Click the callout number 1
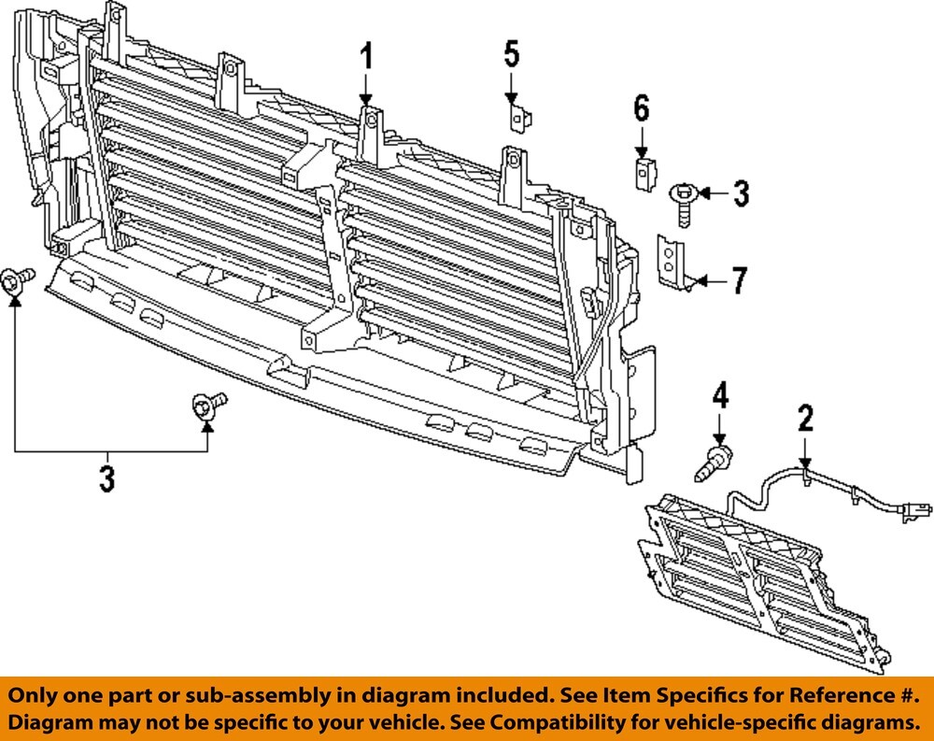coord(366,57)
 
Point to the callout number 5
coord(511,53)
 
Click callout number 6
coord(641,108)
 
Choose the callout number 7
coord(739,279)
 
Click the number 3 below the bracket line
coord(107,478)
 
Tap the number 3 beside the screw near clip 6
coord(740,193)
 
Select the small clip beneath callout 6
coord(644,172)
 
